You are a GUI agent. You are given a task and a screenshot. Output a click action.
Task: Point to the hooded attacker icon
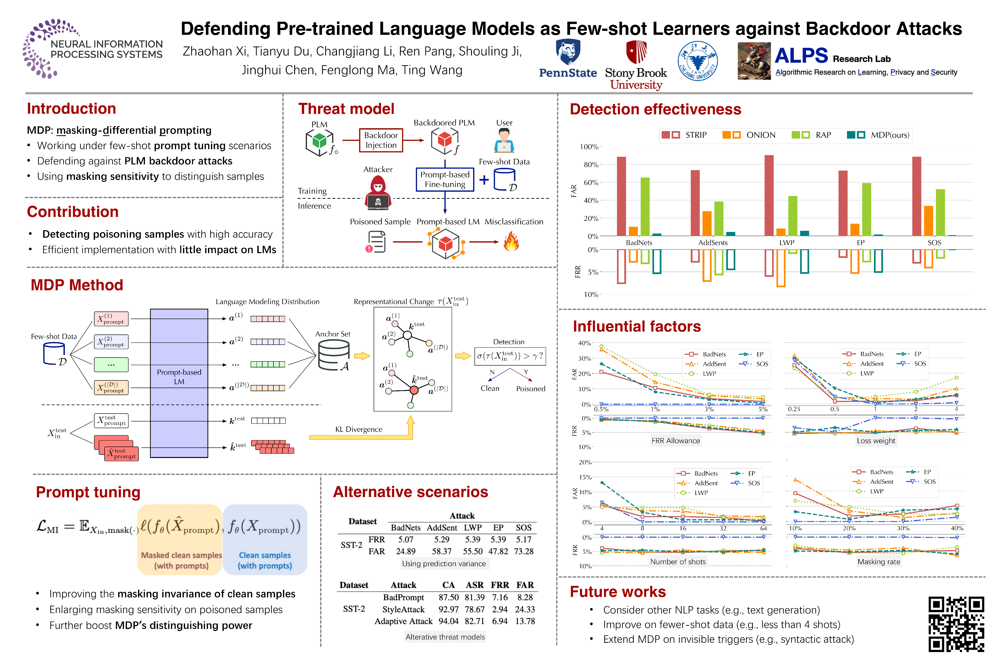(x=378, y=193)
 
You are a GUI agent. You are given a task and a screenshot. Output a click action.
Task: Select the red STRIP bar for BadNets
(x=621, y=196)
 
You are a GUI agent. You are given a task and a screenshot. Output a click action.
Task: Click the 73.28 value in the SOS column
(x=523, y=551)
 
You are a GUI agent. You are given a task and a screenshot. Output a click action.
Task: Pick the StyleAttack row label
(x=403, y=609)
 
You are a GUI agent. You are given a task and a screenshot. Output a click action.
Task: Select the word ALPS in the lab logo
(x=801, y=56)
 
